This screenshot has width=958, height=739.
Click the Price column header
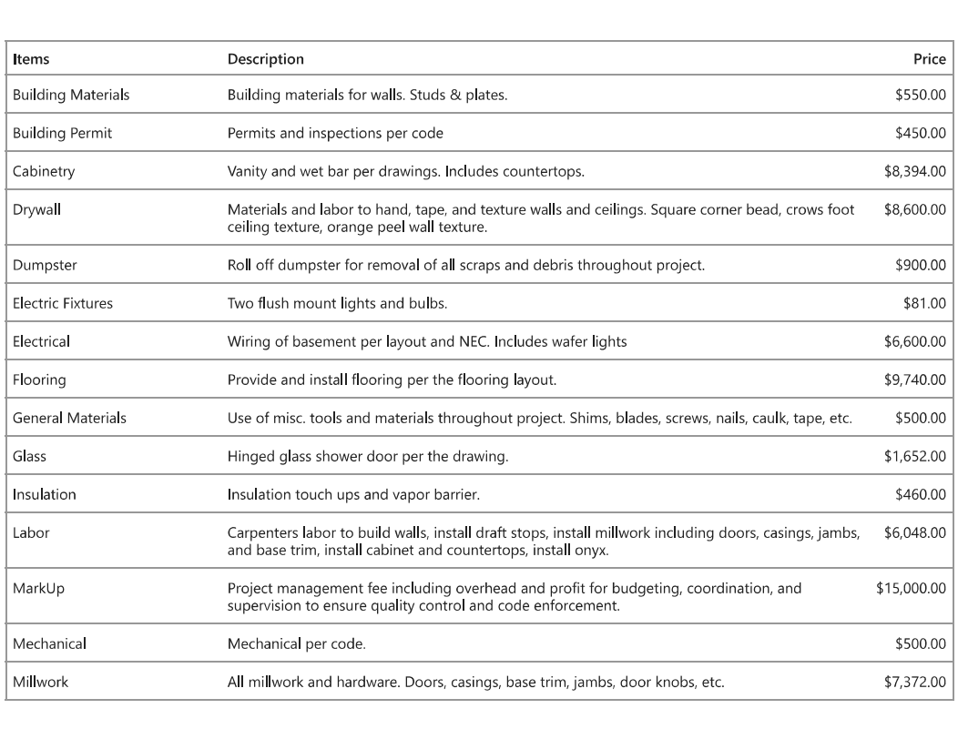[x=929, y=59]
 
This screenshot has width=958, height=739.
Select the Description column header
[x=266, y=59]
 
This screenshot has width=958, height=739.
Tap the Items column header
[x=31, y=59]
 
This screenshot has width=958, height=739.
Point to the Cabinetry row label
[x=44, y=171]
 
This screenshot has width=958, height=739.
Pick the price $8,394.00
[x=914, y=171]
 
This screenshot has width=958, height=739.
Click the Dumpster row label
[x=45, y=266]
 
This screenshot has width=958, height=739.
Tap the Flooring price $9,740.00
[x=914, y=380]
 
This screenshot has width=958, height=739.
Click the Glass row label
[x=29, y=457]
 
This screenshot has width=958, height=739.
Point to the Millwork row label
[x=40, y=682]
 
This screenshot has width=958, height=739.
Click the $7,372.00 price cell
[x=914, y=682]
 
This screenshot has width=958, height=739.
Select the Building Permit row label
[x=62, y=133]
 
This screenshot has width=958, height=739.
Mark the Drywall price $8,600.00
[x=914, y=209]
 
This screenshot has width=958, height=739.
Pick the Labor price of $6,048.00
[x=914, y=533]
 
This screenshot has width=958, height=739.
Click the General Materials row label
[x=69, y=419]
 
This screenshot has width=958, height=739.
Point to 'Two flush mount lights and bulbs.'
[x=337, y=304]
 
